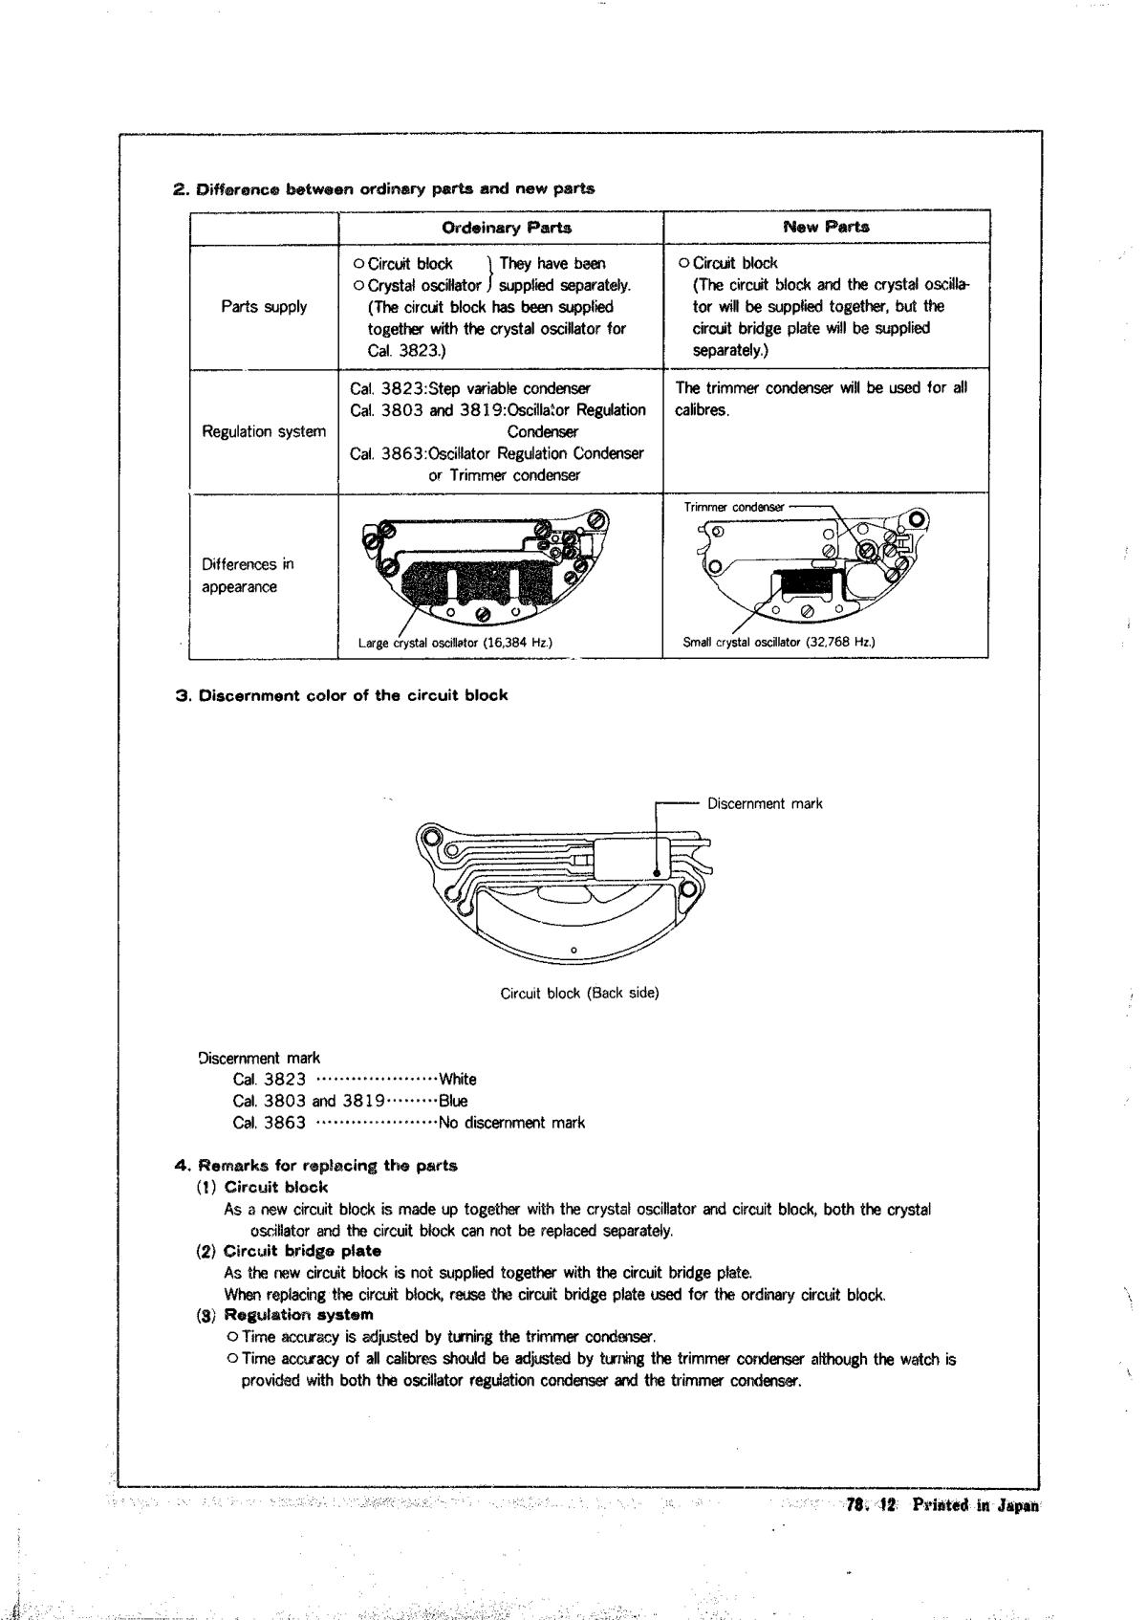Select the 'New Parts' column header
(x=826, y=227)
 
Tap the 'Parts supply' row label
(x=264, y=307)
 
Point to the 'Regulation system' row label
(x=264, y=431)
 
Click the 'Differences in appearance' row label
(x=240, y=576)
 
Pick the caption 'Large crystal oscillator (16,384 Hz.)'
(x=455, y=643)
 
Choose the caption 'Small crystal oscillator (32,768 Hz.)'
(x=779, y=643)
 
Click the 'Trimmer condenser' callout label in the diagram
(x=734, y=507)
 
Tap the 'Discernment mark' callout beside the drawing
(x=765, y=803)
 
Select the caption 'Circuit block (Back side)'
(x=579, y=993)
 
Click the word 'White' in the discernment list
(x=457, y=1080)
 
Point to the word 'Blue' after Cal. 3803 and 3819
(x=453, y=1101)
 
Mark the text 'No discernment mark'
(x=511, y=1123)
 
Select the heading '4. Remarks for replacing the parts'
(x=316, y=1166)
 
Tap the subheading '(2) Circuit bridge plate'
(x=289, y=1251)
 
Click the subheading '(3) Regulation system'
(x=285, y=1315)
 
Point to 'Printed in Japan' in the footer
(x=975, y=1504)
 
